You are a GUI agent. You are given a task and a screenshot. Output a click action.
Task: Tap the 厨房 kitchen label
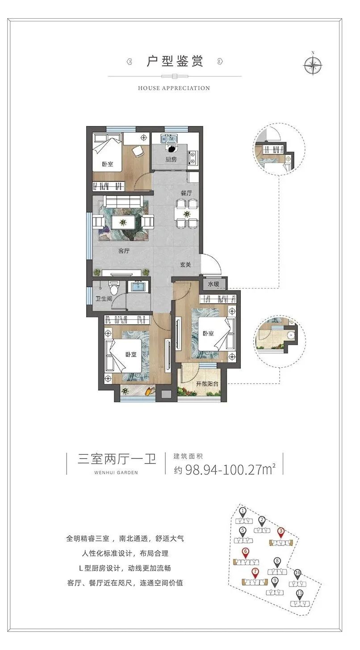click(x=171, y=159)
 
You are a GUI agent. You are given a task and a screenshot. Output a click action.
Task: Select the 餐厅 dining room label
click(x=186, y=193)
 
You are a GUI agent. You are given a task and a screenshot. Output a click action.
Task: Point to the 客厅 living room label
click(x=124, y=251)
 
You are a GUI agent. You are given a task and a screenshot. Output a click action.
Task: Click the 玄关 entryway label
click(x=185, y=264)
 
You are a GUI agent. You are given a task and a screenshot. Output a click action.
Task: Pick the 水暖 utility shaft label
click(x=213, y=284)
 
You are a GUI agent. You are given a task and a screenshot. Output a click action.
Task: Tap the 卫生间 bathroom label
click(x=104, y=298)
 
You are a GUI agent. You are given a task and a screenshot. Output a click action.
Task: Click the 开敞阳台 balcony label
click(x=207, y=384)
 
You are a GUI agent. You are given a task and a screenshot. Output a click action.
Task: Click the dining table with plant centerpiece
click(x=187, y=214)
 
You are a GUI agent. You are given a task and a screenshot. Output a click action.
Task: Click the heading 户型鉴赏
click(x=175, y=61)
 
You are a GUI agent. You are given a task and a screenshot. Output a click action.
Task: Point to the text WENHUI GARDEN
click(x=116, y=472)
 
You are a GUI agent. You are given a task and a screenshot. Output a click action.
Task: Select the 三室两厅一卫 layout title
click(x=117, y=459)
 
